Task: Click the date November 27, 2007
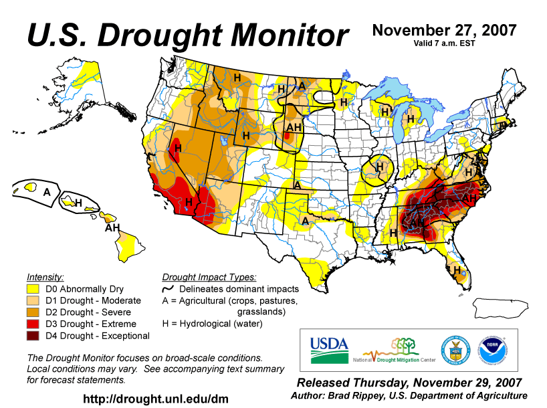(x=444, y=30)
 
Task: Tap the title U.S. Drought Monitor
(x=187, y=35)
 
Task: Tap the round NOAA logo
(x=493, y=350)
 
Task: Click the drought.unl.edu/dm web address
(x=155, y=399)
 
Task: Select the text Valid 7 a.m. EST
(x=444, y=43)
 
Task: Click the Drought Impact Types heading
(x=209, y=277)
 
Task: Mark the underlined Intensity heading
(x=45, y=277)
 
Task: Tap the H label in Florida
(x=457, y=270)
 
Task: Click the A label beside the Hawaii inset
(x=47, y=192)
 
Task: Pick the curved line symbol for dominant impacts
(x=169, y=289)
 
